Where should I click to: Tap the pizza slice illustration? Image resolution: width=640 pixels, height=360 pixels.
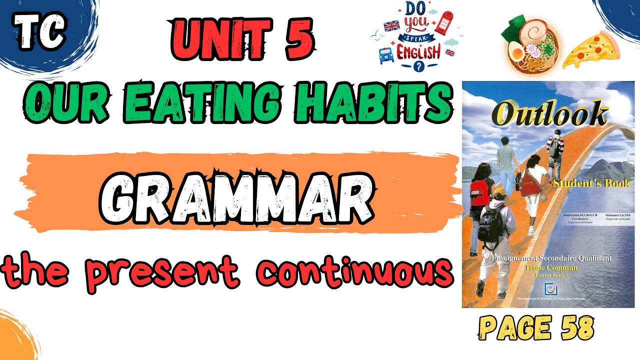coord(591,50)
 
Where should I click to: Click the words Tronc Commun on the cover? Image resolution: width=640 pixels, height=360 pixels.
coord(548,267)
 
